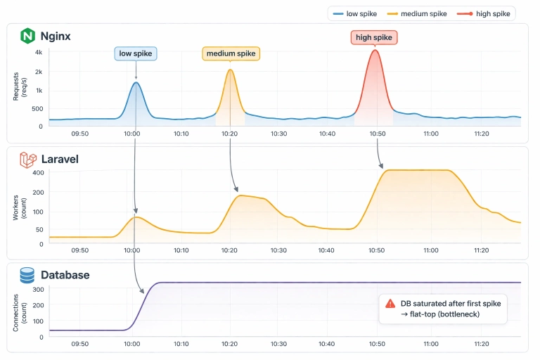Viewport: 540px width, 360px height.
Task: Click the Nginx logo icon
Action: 27,36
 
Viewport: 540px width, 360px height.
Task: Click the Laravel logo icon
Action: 27,160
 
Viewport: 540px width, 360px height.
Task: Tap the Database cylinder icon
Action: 27,275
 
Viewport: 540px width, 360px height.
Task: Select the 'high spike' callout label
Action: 375,37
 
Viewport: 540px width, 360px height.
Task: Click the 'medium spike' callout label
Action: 231,53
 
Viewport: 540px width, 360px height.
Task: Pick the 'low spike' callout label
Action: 136,53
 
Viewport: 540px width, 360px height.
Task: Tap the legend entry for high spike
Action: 484,13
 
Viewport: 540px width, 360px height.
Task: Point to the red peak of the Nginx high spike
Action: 375,50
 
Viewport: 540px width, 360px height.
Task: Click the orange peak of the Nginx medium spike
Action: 230,69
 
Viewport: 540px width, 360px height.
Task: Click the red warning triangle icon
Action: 390,303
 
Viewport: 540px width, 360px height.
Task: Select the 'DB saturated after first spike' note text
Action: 449,303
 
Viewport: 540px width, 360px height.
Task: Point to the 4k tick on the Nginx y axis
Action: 39,53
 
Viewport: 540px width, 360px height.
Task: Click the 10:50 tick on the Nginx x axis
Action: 378,133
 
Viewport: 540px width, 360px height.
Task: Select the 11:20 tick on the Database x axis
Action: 482,344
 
